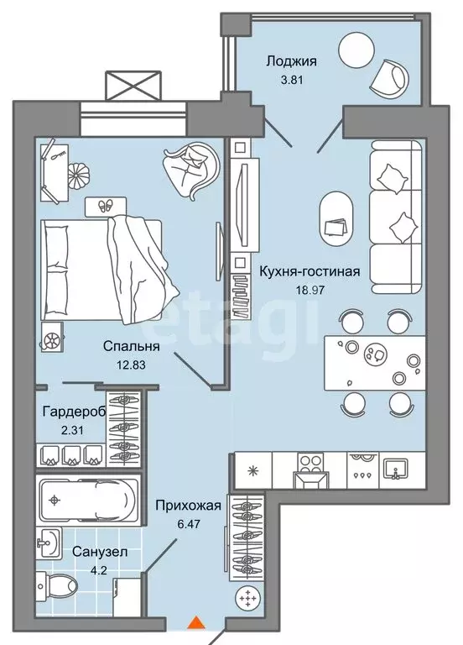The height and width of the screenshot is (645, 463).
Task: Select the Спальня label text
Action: (133, 345)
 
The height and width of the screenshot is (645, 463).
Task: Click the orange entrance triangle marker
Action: (195, 622)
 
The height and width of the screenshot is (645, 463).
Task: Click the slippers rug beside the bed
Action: (105, 205)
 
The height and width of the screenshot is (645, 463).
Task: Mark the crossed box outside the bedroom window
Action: (133, 86)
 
